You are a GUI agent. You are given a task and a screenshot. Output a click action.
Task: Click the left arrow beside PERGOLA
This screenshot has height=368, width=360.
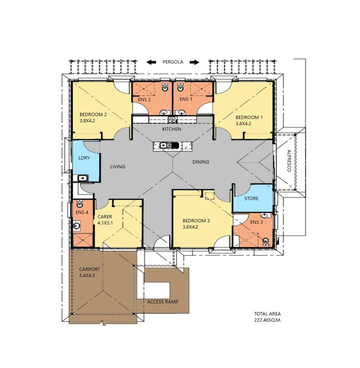151,62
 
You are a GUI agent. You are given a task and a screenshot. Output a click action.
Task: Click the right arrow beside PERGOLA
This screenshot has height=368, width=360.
194,62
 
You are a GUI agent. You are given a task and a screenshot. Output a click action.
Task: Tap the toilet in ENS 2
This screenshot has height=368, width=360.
165,88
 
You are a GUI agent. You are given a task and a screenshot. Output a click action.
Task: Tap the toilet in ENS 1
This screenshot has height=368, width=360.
180,88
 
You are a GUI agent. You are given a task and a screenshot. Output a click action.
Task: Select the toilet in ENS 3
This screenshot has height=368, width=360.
266,241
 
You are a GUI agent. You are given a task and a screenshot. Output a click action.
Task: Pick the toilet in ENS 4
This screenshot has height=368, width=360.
80,203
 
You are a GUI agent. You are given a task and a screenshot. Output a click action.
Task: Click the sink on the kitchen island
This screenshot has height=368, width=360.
166,145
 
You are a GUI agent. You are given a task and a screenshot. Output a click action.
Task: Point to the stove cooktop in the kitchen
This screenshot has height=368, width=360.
172,120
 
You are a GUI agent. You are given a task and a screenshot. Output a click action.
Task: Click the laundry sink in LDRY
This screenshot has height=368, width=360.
82,178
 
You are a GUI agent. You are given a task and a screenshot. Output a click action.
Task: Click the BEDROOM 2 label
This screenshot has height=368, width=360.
93,115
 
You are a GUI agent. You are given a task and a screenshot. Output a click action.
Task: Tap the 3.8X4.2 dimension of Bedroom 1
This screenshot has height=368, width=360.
244,124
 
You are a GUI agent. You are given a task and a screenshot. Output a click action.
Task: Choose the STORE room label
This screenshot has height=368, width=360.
251,199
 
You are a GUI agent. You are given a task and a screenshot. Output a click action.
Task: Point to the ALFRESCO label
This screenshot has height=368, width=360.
289,161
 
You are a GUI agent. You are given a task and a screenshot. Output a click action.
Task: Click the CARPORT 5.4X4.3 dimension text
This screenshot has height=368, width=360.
87,276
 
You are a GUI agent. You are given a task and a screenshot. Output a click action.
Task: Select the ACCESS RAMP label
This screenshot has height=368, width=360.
163,302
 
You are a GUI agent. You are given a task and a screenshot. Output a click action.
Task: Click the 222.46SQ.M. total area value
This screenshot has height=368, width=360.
268,320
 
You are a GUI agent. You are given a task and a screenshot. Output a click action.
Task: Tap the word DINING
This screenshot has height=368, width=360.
201,162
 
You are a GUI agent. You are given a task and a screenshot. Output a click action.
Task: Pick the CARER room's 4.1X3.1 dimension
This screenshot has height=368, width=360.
105,223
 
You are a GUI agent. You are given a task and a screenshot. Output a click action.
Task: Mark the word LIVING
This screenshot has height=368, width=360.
118,167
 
